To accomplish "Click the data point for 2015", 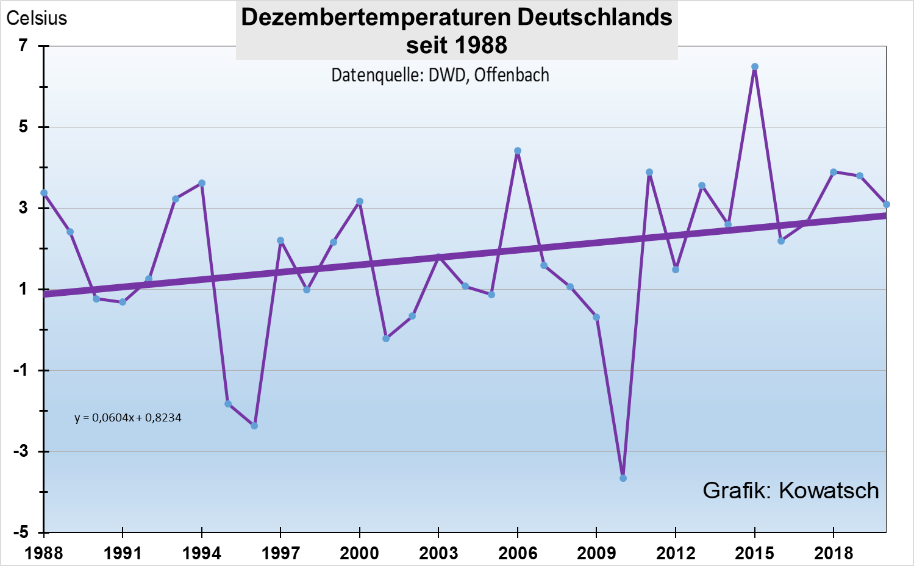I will [755, 67].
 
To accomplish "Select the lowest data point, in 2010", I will [623, 478].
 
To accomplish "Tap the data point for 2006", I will [518, 151].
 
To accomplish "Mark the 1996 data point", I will [254, 426].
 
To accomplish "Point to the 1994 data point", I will [202, 183].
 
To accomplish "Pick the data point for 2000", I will [360, 201].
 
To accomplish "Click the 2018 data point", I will [834, 172].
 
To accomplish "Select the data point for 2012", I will [676, 270].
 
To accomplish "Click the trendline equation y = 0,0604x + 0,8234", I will [128, 418].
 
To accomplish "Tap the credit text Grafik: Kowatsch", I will [790, 490].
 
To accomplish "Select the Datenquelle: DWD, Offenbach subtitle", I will [440, 75].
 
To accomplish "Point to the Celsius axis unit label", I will [37, 18].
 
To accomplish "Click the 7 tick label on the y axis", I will [24, 45].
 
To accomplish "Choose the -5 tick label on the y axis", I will [22, 532].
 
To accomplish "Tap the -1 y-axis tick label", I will [22, 370].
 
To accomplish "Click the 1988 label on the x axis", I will [44, 553].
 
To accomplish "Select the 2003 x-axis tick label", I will [438, 553].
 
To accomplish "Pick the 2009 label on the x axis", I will [596, 553].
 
